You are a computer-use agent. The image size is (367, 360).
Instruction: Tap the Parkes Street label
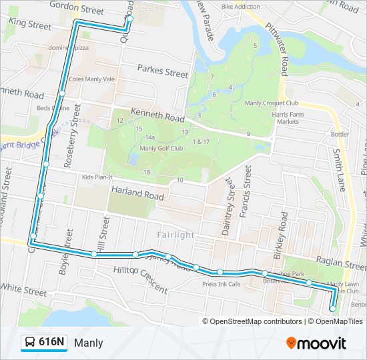coord(163,70)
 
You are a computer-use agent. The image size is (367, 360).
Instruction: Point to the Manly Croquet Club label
coord(271,103)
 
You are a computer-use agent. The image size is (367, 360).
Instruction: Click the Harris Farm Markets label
coord(289,118)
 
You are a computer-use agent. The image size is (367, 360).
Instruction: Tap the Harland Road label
coord(137,195)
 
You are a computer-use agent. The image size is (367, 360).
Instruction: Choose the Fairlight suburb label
coord(176,235)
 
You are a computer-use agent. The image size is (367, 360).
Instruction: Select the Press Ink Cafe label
coord(221,283)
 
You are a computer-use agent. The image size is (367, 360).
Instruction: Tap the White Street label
coord(24,291)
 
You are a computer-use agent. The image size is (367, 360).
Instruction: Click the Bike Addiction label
coord(240,7)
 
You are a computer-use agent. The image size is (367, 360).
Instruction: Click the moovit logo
coord(316,343)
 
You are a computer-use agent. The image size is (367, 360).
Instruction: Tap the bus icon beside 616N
coord(30,343)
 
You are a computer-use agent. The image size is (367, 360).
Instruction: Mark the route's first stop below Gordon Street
coord(129,19)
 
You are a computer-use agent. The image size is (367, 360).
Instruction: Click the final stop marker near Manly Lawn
coord(333,308)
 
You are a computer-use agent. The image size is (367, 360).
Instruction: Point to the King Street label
coord(30,25)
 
